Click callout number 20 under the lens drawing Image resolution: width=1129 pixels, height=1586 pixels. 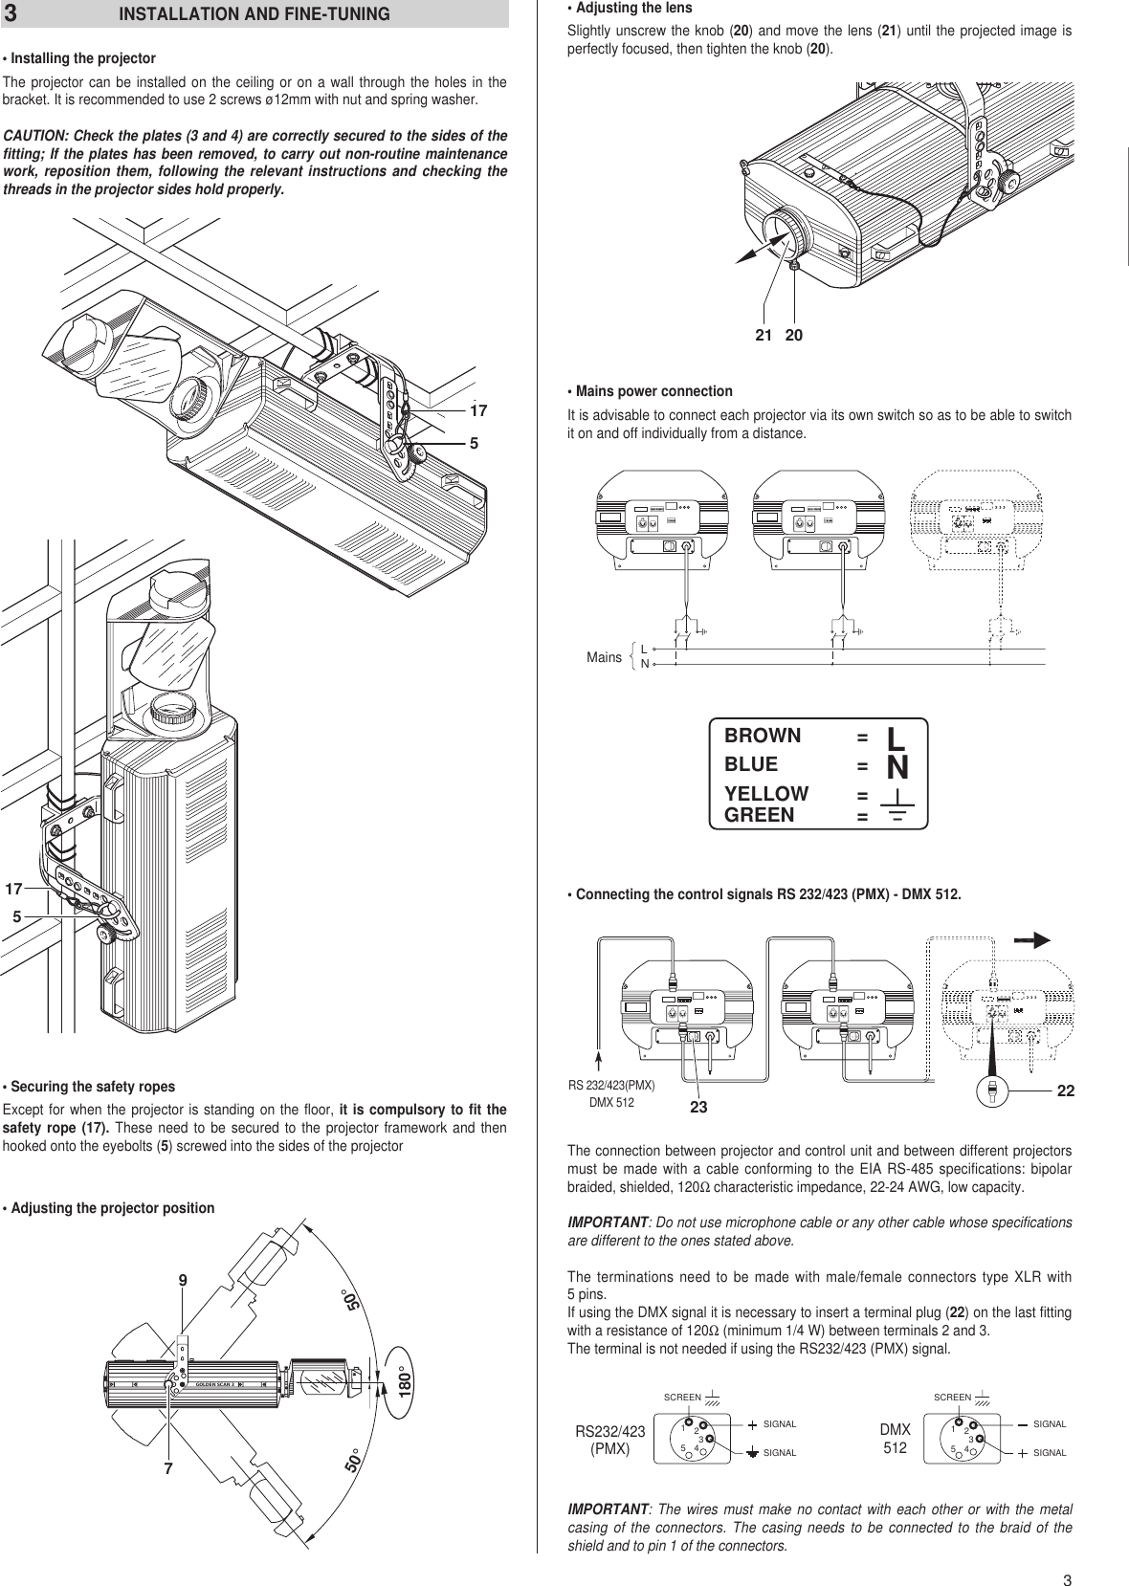(x=794, y=336)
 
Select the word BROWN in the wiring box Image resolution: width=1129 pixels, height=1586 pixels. (x=763, y=736)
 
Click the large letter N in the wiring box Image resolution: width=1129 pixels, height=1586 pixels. (x=897, y=766)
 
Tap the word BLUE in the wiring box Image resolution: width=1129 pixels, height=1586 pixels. (x=751, y=764)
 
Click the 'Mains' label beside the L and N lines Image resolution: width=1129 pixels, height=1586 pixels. (x=604, y=657)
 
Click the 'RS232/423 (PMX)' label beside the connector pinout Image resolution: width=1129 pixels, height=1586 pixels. (x=609, y=1440)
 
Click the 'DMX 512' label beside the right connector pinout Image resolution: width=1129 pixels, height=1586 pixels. (x=895, y=1439)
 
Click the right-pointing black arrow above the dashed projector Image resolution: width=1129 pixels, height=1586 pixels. (x=1030, y=940)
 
